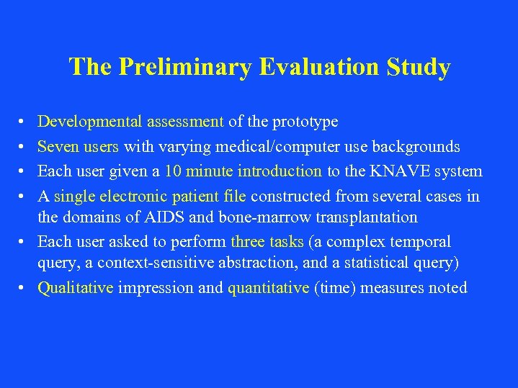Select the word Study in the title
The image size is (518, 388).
coord(419,67)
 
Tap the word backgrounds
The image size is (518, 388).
coord(419,147)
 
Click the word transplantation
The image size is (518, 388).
coord(367,217)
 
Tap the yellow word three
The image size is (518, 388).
coord(247,242)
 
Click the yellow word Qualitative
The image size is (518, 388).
coord(75,288)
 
